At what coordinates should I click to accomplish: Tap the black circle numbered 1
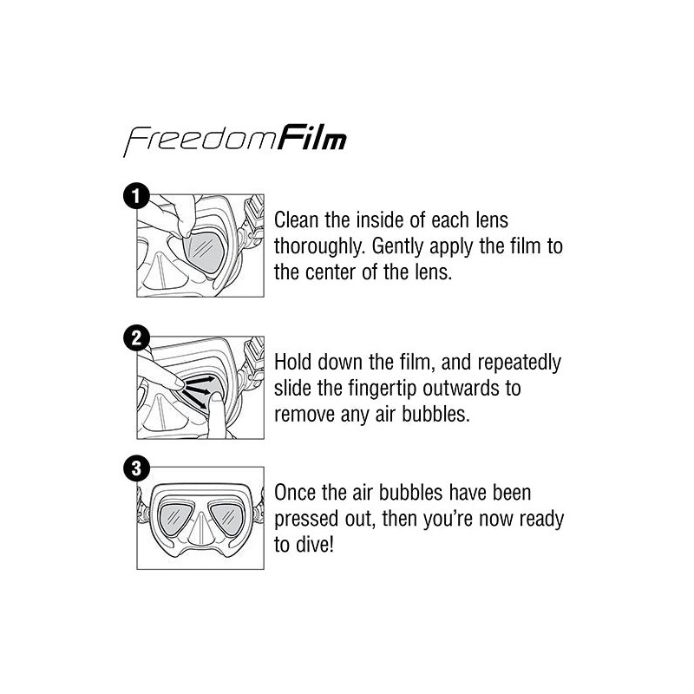coord(137,195)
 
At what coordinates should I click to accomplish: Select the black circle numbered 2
coord(137,339)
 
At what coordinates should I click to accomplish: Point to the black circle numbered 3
coord(137,468)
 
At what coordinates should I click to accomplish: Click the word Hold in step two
coord(294,363)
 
